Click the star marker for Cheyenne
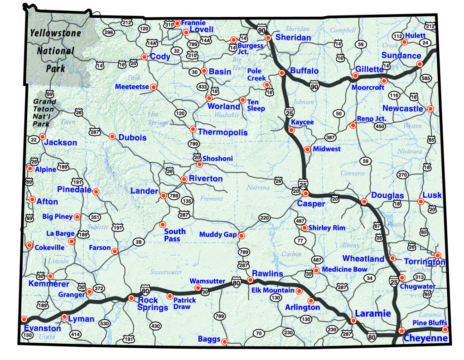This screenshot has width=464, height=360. tap(401, 331)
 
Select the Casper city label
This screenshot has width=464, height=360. tap(311, 204)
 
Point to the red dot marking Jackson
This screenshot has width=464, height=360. tap(43, 136)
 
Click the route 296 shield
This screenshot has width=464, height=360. tap(108, 32)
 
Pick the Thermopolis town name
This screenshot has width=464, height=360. tap(223, 132)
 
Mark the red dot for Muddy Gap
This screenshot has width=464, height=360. tap(241, 236)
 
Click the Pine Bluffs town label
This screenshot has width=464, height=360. tap(430, 323)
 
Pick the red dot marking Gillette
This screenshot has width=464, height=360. tap(355, 76)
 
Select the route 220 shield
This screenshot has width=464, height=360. tap(265, 218)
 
